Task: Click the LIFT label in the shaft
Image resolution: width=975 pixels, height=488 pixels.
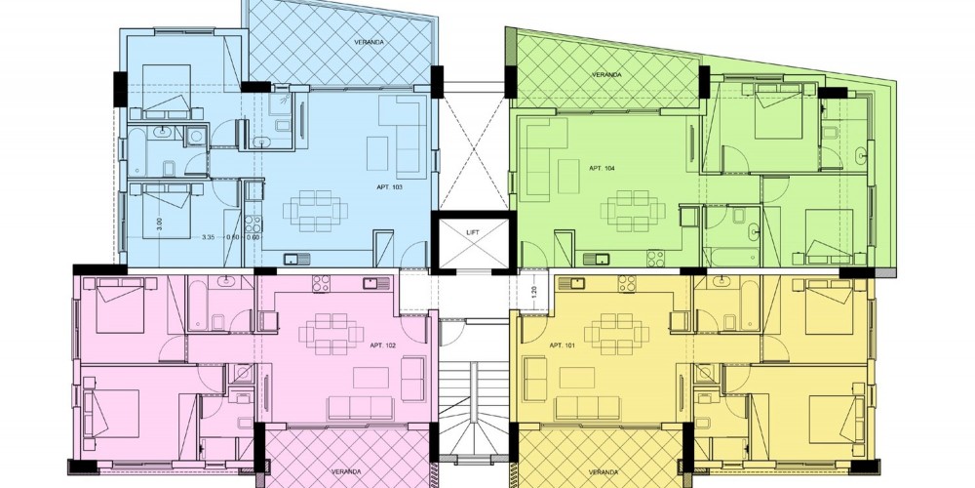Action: click(473, 232)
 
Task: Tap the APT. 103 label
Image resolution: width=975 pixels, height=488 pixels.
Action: click(389, 186)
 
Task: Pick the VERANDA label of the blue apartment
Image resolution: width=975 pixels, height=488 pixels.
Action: click(369, 42)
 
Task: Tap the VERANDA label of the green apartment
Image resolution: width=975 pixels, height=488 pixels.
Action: click(606, 75)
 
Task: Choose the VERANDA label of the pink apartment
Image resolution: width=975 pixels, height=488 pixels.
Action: click(346, 471)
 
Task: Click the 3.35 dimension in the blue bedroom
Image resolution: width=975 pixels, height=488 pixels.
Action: click(210, 236)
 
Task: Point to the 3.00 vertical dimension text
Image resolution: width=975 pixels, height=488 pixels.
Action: click(159, 222)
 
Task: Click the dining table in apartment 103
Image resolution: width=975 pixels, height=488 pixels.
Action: click(315, 211)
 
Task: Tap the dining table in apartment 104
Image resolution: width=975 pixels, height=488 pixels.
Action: click(633, 211)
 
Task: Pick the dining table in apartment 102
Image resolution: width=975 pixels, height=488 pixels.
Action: click(331, 334)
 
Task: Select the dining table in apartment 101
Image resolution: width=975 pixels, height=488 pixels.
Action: click(616, 334)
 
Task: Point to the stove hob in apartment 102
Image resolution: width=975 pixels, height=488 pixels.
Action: click(321, 284)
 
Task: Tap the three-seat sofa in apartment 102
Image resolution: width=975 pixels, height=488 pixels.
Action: click(361, 408)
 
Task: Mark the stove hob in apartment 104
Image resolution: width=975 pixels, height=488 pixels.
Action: click(656, 258)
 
